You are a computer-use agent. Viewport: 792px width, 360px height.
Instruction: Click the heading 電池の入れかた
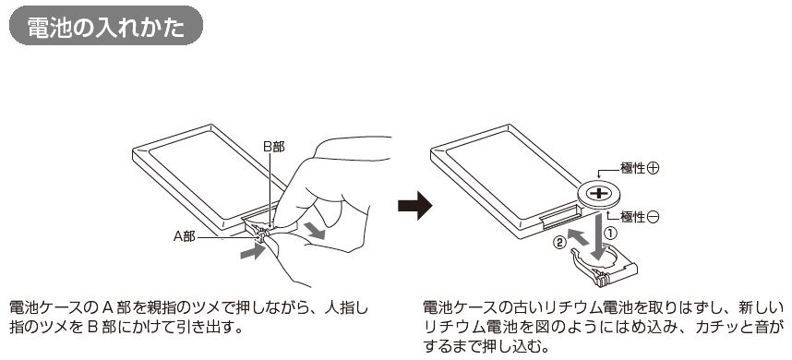click(x=105, y=28)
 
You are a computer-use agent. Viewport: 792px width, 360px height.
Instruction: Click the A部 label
click(x=185, y=236)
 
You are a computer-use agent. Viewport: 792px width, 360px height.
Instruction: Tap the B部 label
click(x=274, y=147)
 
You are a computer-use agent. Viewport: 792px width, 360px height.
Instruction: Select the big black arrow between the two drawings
click(x=415, y=206)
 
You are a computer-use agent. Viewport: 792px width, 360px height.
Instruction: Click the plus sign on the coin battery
click(x=599, y=193)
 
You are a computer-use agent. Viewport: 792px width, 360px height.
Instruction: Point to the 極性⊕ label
click(x=640, y=169)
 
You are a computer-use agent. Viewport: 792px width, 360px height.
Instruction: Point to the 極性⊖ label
click(x=640, y=217)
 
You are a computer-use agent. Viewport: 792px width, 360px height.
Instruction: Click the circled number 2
click(x=558, y=243)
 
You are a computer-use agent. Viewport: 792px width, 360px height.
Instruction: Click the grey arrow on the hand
click(x=315, y=230)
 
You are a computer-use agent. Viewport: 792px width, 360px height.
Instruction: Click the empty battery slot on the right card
click(x=558, y=217)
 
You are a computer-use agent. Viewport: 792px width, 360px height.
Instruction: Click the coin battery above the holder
click(x=599, y=195)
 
